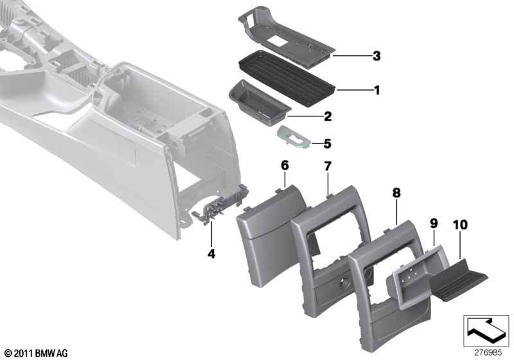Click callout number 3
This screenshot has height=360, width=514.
[x=377, y=56]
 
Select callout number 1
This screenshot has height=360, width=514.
[x=377, y=90]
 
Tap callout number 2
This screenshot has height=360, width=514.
[x=328, y=116]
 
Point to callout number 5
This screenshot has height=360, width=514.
[x=328, y=143]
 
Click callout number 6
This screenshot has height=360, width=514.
[x=285, y=166]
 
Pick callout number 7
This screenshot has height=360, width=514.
[x=328, y=166]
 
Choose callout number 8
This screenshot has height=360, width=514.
[x=396, y=193]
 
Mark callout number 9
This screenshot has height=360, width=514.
[x=434, y=224]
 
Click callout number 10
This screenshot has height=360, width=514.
[x=460, y=225]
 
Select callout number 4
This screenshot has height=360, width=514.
[x=211, y=253]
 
